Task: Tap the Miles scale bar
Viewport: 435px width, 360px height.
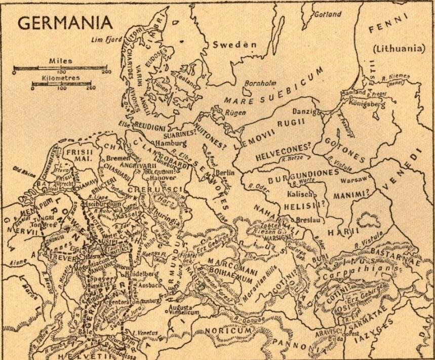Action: tap(60, 67)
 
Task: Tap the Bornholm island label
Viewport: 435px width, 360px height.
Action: tap(259, 83)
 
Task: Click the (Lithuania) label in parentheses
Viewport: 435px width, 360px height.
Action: tap(398, 49)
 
